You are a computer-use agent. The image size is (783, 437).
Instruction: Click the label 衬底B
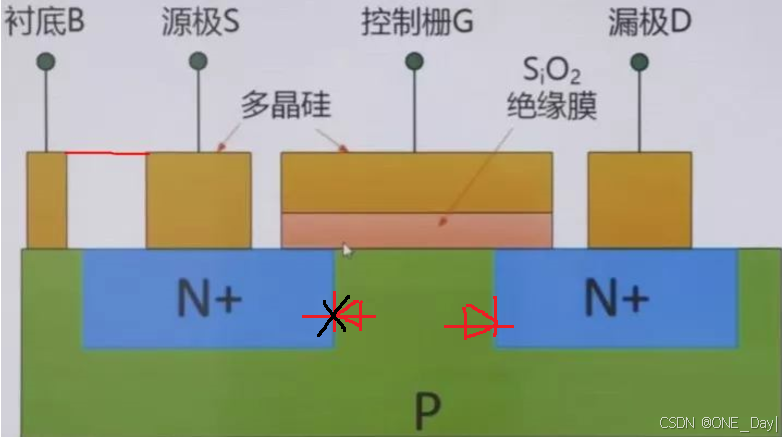click(x=45, y=21)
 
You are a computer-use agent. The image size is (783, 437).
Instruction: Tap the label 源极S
click(x=200, y=21)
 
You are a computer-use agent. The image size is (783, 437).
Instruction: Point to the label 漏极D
click(x=649, y=21)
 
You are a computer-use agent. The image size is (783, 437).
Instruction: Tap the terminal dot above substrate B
click(x=45, y=62)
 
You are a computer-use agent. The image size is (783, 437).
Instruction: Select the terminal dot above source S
click(x=198, y=62)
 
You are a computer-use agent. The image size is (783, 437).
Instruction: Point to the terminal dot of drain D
click(x=639, y=62)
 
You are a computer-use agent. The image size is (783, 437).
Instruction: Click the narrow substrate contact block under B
click(x=46, y=200)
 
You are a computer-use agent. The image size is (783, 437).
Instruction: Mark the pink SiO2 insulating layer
click(x=416, y=230)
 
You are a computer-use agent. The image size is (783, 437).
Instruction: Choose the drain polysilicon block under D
click(x=639, y=200)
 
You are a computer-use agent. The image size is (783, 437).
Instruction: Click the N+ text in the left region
click(x=208, y=297)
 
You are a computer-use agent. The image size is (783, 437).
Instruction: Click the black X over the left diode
click(x=334, y=316)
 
